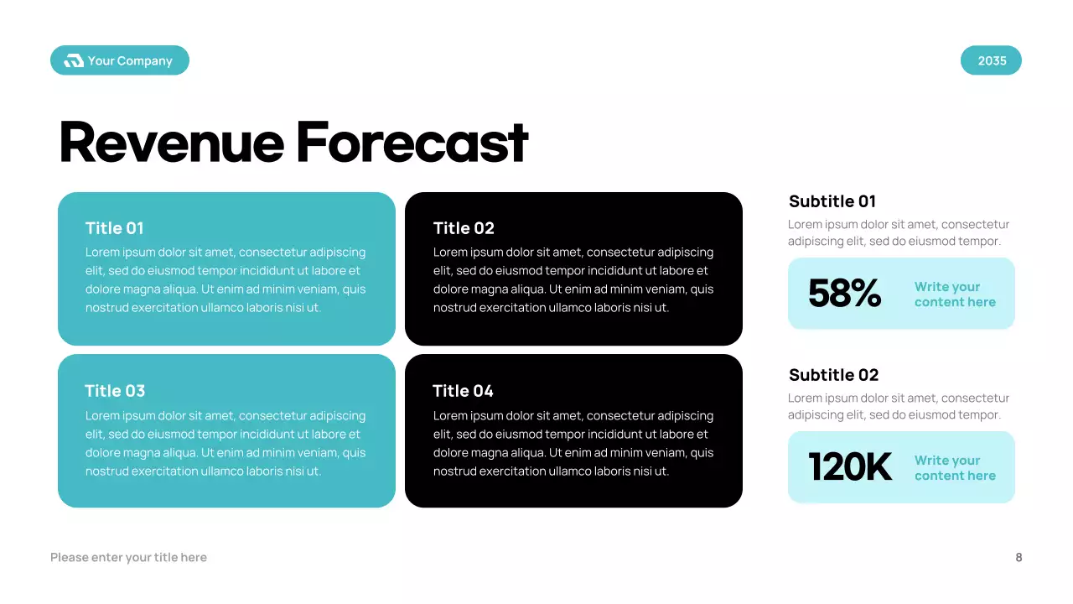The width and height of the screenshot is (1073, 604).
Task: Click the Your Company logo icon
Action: click(x=74, y=60)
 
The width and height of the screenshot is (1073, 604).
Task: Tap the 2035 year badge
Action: click(x=991, y=60)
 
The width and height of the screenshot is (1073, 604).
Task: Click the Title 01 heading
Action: click(x=115, y=228)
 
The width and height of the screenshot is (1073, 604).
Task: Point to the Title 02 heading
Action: click(x=464, y=228)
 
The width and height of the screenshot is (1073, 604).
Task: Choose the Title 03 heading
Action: click(x=115, y=391)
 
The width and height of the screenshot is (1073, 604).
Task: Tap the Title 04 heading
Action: click(x=463, y=391)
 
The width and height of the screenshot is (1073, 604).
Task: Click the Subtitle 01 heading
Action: click(x=832, y=201)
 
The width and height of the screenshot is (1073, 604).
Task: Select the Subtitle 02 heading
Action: click(x=834, y=375)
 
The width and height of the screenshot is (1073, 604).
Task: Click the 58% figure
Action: click(x=844, y=294)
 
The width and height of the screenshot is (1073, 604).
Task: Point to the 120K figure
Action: click(x=850, y=467)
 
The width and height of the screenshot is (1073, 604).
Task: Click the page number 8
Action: click(x=1019, y=557)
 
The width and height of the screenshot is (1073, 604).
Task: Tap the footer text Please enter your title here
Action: click(x=128, y=557)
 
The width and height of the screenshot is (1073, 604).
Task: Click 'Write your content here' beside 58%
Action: click(x=955, y=294)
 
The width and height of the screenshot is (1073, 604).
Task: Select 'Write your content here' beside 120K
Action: click(x=955, y=468)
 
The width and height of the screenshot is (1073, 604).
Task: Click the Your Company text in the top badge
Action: click(x=130, y=60)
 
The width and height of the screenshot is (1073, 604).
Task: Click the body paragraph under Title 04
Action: click(x=573, y=443)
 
